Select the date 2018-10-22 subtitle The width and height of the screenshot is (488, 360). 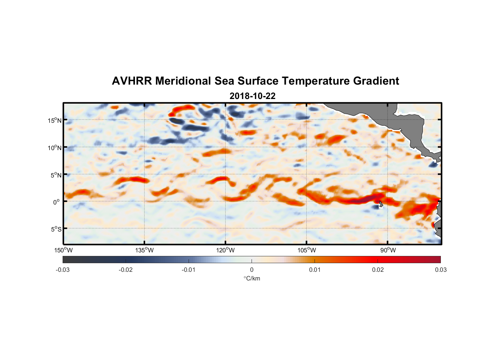click(x=252, y=96)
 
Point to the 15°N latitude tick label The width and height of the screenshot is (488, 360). click(x=54, y=120)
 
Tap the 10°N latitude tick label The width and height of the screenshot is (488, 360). click(x=54, y=148)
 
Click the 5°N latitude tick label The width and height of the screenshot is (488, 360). click(x=55, y=175)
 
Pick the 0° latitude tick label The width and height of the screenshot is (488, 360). click(x=57, y=202)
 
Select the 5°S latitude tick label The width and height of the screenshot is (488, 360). click(x=55, y=229)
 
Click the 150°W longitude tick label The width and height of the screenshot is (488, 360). click(x=63, y=250)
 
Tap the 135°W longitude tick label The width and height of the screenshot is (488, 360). click(x=144, y=250)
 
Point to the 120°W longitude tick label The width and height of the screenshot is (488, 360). click(x=225, y=250)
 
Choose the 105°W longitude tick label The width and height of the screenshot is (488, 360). click(x=307, y=250)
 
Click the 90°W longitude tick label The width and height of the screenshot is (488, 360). click(x=388, y=250)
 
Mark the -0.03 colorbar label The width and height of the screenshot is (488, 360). click(x=63, y=270)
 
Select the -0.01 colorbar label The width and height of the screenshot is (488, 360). click(x=188, y=270)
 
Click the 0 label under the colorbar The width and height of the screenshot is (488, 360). click(x=252, y=270)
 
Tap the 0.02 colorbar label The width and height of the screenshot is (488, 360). click(x=378, y=270)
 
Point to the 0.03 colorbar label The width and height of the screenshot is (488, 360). click(x=440, y=270)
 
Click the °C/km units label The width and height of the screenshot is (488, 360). click(x=252, y=278)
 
